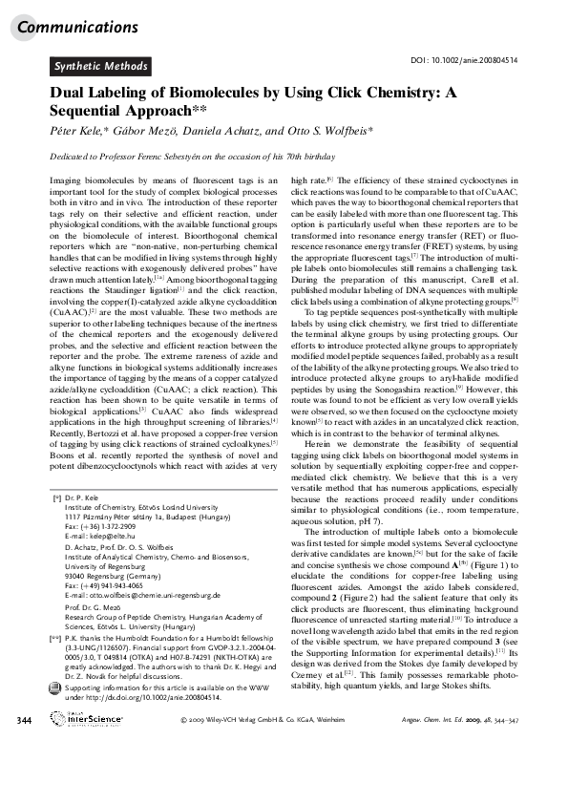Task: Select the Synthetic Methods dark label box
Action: tap(100, 67)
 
